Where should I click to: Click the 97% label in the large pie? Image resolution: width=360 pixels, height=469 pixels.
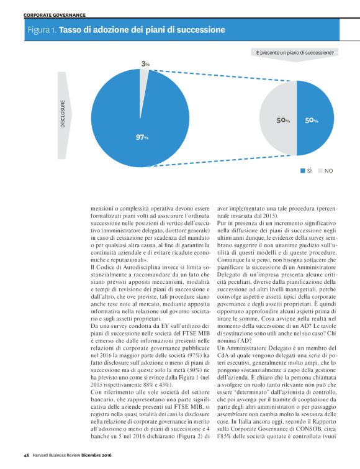point(142,137)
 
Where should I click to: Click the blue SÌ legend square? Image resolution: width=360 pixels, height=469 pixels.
point(302,170)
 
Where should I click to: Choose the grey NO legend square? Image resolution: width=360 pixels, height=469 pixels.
point(320,170)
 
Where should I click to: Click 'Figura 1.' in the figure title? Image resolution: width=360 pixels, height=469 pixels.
point(42,30)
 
